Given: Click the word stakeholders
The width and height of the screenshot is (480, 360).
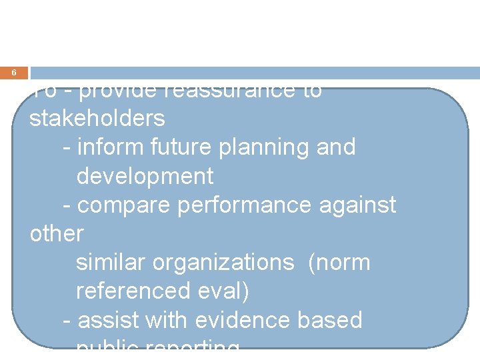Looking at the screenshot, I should tap(97, 118).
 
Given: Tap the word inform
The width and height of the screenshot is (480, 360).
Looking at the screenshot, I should tap(103, 147).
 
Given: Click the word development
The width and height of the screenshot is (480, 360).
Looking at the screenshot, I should tap(145, 176).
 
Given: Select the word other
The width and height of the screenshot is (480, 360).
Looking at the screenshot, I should tap(57, 234).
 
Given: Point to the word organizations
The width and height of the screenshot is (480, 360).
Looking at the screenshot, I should tap(223, 263).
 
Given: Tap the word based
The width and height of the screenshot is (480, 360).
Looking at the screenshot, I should tap(331, 321).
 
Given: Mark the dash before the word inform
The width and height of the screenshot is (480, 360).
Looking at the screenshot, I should tap(66, 147).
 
